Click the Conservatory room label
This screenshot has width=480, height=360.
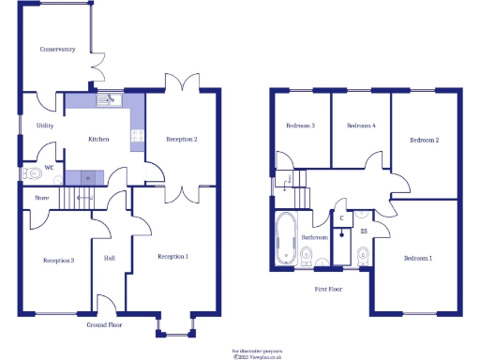click(57, 49)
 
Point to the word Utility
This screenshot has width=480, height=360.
click(44, 125)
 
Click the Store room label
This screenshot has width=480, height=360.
click(42, 198)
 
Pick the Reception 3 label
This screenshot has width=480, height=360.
click(58, 260)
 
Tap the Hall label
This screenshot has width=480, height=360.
click(109, 258)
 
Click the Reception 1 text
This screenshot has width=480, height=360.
click(172, 256)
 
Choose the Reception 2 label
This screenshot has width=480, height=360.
click(182, 139)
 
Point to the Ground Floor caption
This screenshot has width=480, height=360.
click(105, 324)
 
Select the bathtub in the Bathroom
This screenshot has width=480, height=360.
click(283, 240)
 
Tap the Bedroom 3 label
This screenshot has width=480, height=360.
click(300, 125)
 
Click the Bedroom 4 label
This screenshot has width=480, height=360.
click(361, 125)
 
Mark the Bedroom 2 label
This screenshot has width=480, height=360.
click(424, 140)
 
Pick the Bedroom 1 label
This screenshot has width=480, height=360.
click(418, 257)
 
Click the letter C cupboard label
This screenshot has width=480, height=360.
click(342, 217)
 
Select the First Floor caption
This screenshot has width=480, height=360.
click(328, 289)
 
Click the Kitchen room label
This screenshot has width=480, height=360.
click(98, 139)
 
